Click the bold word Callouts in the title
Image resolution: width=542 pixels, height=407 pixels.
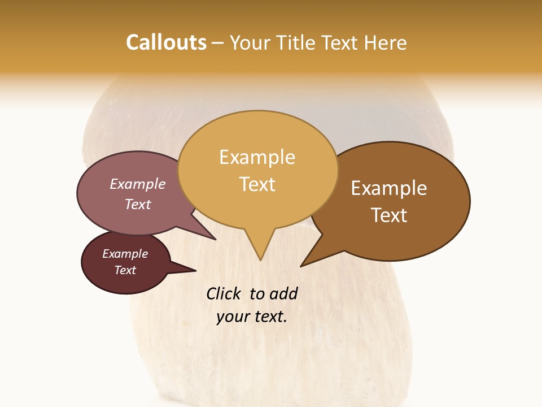(166, 42)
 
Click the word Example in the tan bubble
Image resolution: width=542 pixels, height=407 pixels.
(257, 157)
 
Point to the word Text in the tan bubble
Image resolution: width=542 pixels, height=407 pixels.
(257, 184)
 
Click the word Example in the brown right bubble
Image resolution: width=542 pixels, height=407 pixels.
(389, 188)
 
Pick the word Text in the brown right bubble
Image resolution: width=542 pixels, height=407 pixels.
(389, 215)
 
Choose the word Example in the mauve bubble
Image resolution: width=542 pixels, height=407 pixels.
(137, 184)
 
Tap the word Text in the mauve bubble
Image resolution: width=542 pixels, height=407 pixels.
(137, 204)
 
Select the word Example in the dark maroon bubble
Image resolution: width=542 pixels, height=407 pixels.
(125, 254)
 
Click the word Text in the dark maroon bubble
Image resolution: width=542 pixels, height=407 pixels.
(125, 270)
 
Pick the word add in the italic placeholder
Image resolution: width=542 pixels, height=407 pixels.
(283, 293)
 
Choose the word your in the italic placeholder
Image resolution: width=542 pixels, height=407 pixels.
(231, 317)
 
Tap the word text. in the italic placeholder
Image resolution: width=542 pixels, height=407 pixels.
(269, 317)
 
